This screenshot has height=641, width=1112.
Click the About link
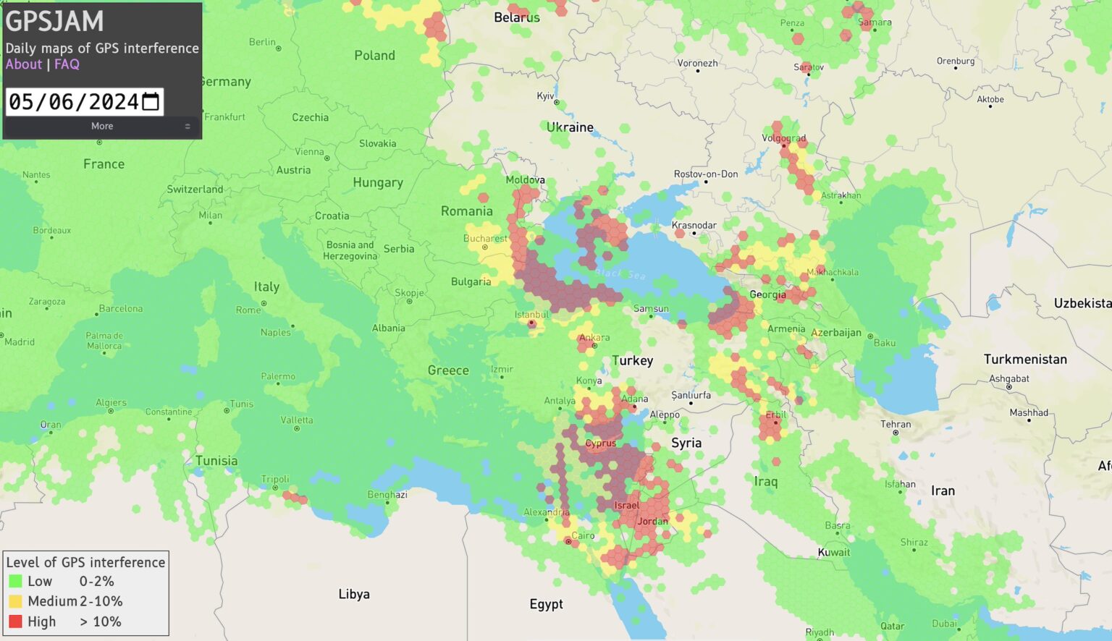point(24,64)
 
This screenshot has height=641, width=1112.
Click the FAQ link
point(67,64)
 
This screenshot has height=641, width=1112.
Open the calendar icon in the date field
point(151,102)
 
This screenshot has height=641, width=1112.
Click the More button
point(102,126)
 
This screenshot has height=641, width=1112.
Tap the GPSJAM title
point(55,22)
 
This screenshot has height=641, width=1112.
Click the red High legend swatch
point(15,621)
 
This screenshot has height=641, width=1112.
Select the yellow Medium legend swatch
point(15,601)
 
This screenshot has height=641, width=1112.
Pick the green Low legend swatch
point(15,581)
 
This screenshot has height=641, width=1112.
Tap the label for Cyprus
point(600,443)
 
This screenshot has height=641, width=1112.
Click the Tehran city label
point(896,425)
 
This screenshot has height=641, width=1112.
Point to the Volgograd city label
point(783,138)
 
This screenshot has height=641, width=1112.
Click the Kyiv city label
point(545,96)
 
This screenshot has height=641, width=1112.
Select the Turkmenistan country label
point(1024,360)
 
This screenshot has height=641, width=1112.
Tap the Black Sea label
point(620,273)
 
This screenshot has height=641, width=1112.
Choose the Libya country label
point(354,594)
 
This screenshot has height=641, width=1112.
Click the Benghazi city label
point(387,495)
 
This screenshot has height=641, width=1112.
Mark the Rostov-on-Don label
point(706,174)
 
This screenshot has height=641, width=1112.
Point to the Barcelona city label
point(121,309)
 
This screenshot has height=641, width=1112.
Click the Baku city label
point(884,343)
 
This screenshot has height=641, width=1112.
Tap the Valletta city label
point(297,420)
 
